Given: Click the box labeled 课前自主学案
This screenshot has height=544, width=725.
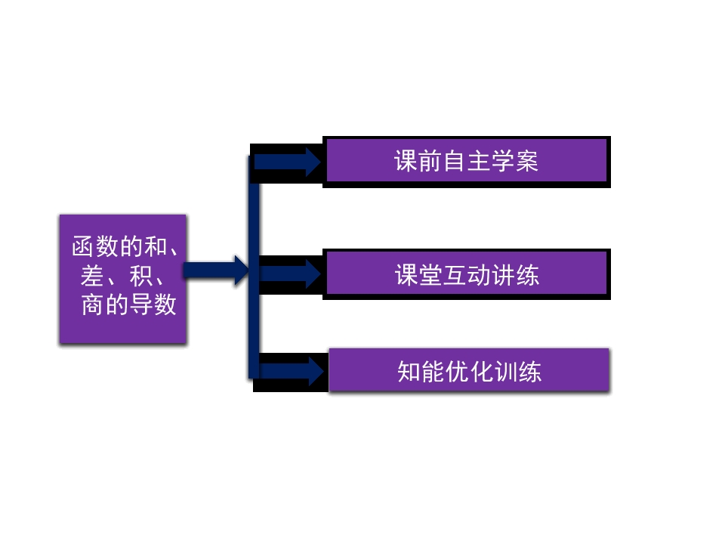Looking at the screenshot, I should [x=466, y=161].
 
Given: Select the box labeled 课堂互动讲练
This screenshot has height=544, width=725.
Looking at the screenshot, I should [x=466, y=274].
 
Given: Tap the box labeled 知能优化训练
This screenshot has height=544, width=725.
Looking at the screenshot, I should [x=469, y=370].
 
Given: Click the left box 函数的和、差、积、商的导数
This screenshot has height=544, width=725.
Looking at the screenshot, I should [x=123, y=279].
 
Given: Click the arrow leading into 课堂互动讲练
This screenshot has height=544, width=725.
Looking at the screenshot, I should [x=289, y=273].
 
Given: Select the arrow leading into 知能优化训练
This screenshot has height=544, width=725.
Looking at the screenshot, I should [x=291, y=370].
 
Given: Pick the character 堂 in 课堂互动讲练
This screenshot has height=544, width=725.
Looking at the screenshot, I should [x=430, y=274].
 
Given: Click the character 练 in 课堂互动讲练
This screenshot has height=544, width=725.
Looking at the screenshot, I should [x=527, y=274].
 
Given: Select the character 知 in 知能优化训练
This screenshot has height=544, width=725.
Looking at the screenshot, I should [x=409, y=371].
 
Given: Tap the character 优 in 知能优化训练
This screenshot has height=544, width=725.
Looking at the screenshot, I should [x=458, y=371].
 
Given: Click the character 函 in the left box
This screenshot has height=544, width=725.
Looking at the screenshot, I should [x=84, y=247].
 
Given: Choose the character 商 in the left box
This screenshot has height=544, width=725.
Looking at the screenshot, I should [x=92, y=304].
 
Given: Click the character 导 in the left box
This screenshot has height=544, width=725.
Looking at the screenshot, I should [x=140, y=304].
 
